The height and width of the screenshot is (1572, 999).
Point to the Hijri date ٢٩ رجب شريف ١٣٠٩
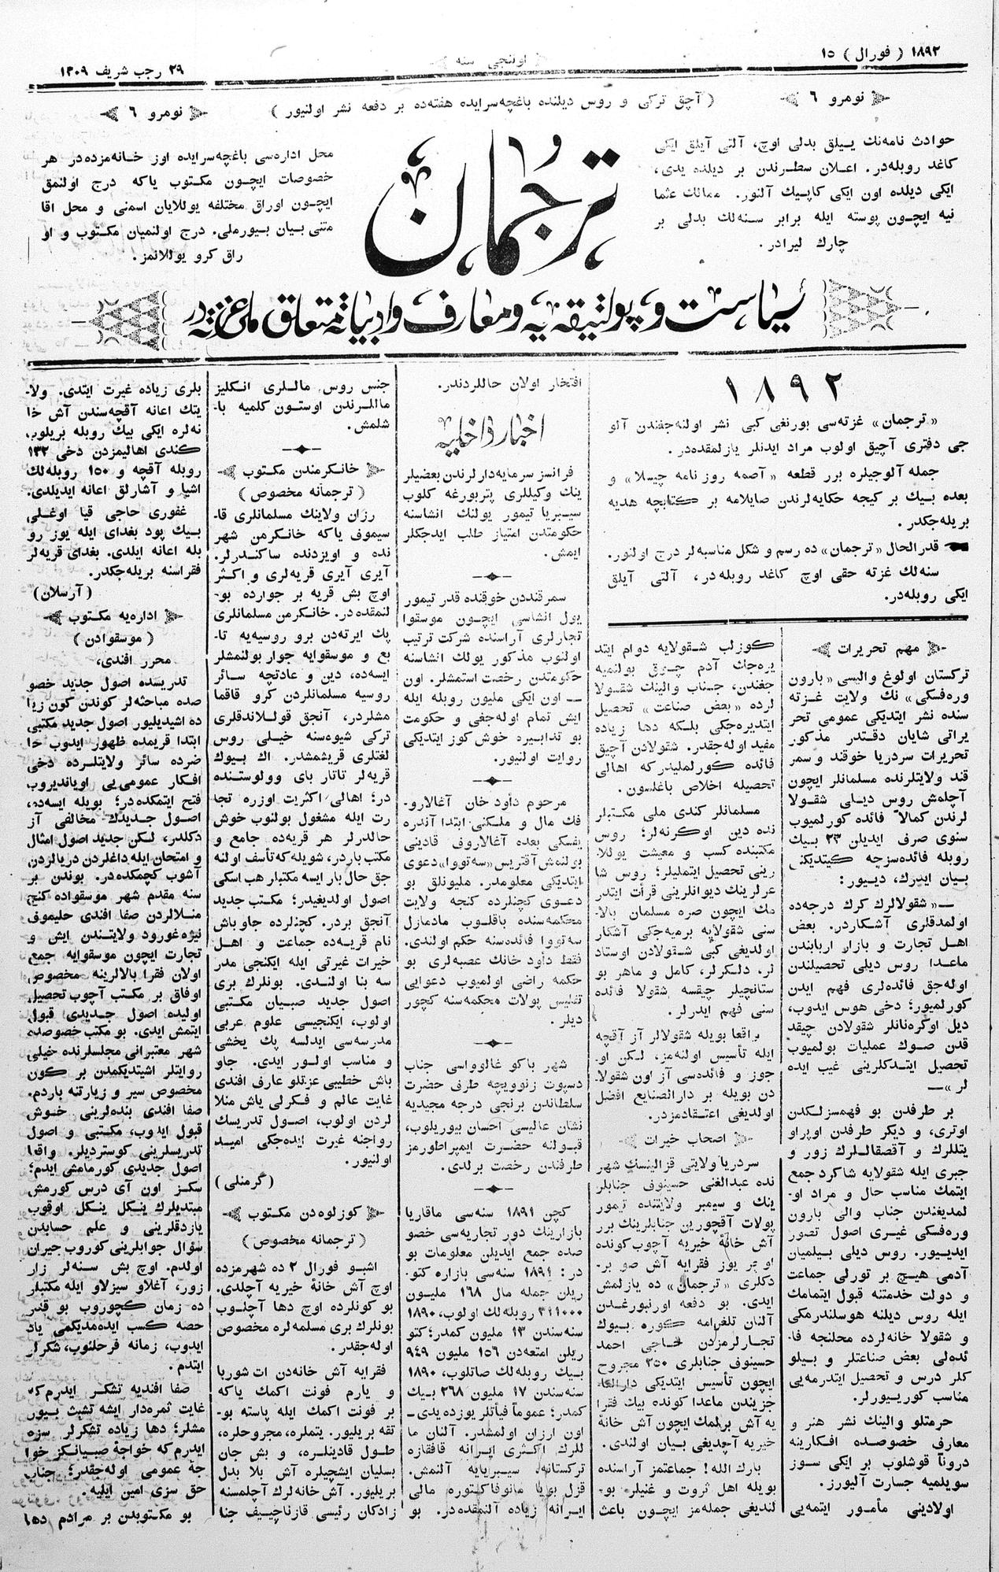[122, 70]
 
